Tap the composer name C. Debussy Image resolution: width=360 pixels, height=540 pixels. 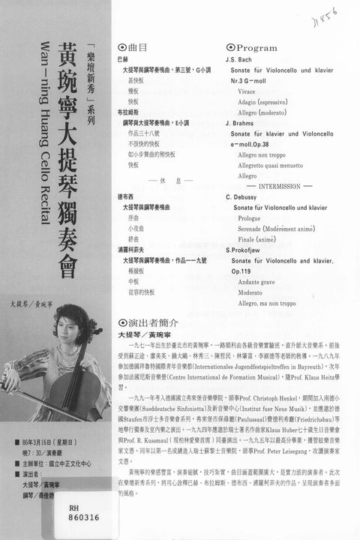point(243,196)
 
